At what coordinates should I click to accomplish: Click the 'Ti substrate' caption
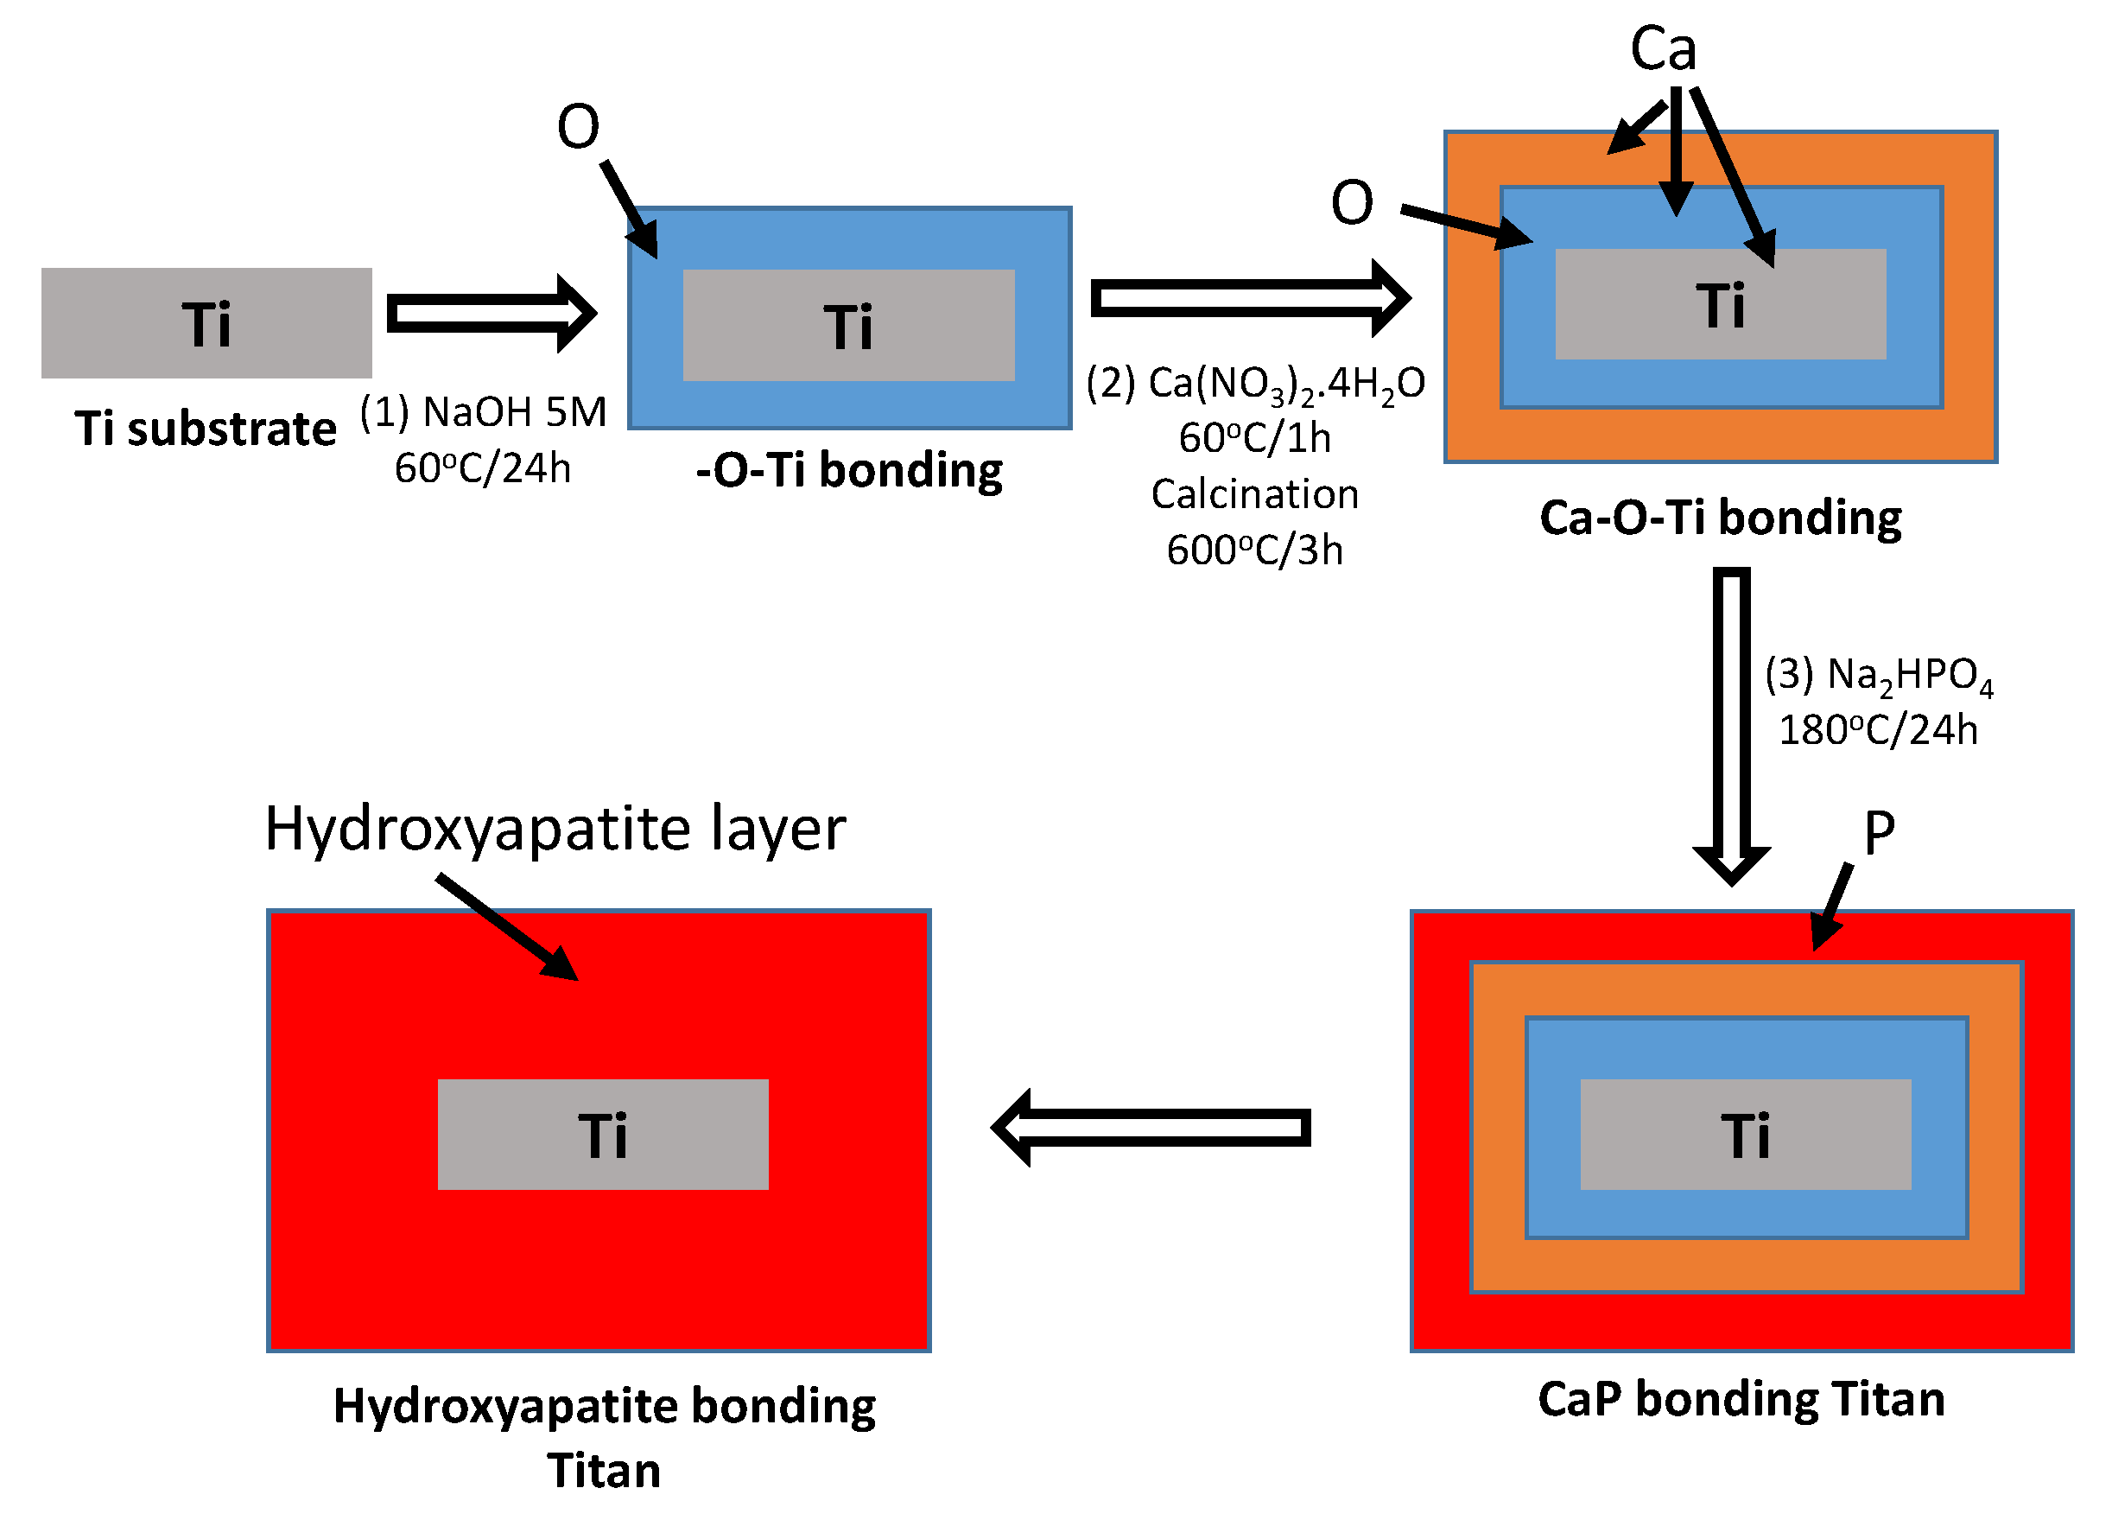(205, 429)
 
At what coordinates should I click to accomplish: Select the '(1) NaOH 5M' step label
(482, 411)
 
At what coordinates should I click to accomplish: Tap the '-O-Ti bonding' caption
(848, 470)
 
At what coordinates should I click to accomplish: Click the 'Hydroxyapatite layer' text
(555, 828)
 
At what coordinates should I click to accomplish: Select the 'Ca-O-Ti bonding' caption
(1720, 518)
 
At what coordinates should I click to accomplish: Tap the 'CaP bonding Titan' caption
(1741, 1399)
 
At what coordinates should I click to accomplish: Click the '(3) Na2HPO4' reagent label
(1878, 675)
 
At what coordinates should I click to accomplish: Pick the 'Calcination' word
(1254, 494)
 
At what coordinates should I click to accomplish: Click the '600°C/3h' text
(1254, 550)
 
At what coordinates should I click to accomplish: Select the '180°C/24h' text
(1878, 730)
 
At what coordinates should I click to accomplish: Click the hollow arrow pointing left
(1150, 1128)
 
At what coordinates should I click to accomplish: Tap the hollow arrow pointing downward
(1731, 727)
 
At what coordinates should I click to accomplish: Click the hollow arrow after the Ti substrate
(491, 314)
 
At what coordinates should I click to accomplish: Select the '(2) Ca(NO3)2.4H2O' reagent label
(1254, 384)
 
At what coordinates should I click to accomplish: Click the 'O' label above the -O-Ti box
(577, 127)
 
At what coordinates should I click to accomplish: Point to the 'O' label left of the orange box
(1351, 203)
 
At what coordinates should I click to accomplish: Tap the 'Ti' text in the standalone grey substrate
(206, 324)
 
